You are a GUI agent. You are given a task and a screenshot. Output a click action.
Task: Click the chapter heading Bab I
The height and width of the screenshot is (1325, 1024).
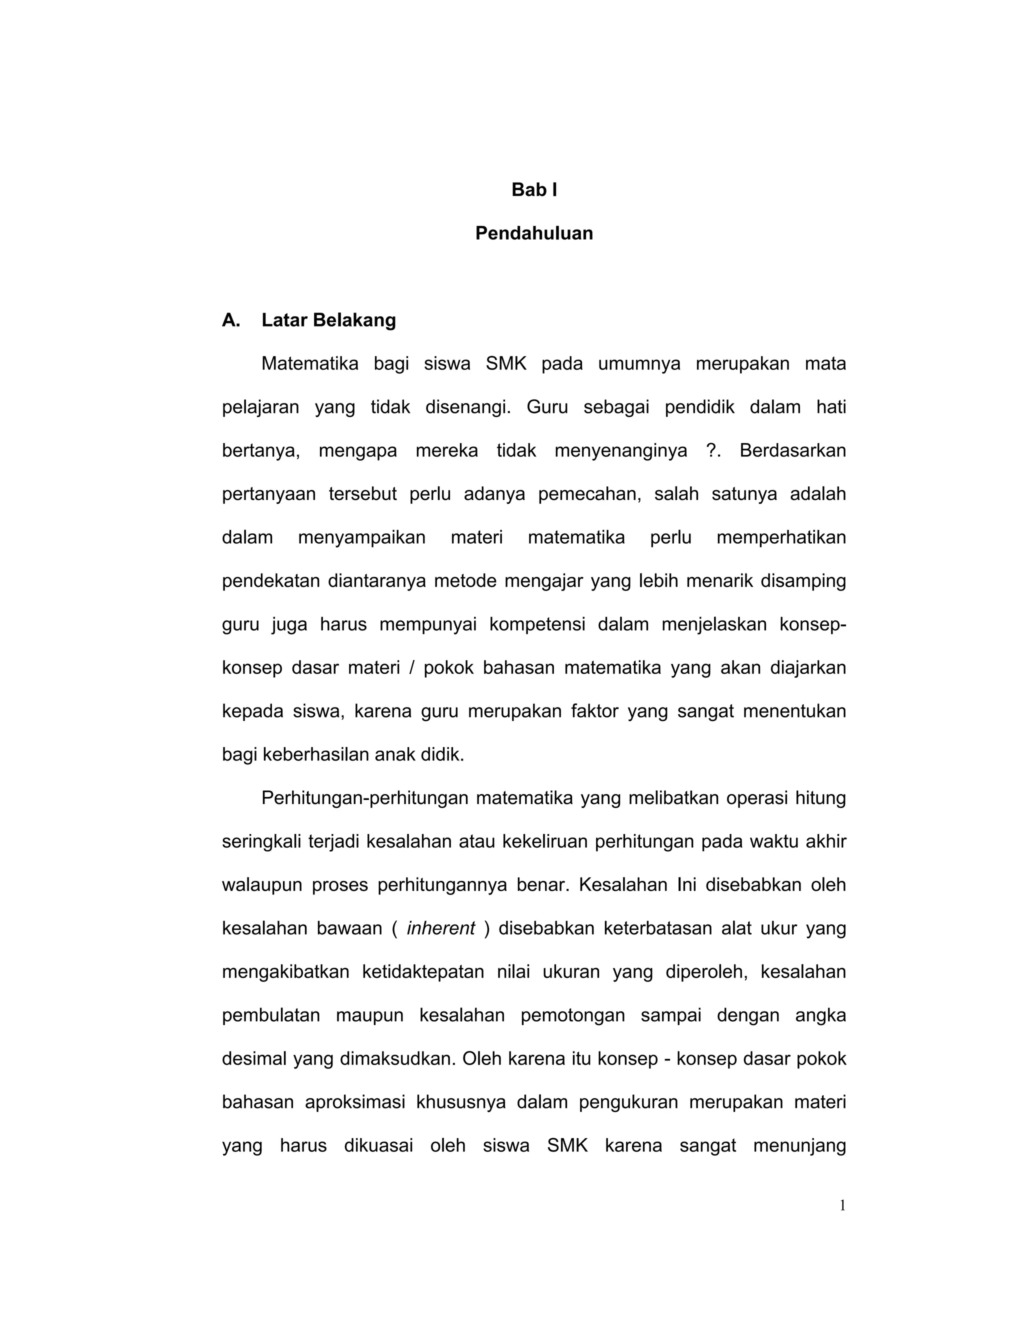(x=534, y=190)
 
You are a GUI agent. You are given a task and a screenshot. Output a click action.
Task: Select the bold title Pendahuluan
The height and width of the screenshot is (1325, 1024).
(x=534, y=233)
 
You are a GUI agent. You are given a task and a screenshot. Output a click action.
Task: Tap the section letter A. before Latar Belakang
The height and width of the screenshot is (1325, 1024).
(x=231, y=320)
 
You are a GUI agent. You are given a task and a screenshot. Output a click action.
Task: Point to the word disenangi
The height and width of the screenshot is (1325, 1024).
(x=467, y=407)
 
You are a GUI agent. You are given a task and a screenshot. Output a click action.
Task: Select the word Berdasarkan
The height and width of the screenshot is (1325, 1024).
(x=792, y=451)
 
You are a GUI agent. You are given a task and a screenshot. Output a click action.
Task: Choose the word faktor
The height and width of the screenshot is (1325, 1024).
(x=594, y=711)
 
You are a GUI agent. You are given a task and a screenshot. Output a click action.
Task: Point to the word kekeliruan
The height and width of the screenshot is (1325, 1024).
(x=545, y=842)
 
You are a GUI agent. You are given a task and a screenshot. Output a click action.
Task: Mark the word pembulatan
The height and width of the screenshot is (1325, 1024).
(x=270, y=1015)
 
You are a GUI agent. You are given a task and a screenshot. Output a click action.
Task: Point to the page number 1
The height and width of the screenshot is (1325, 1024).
(x=842, y=1206)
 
